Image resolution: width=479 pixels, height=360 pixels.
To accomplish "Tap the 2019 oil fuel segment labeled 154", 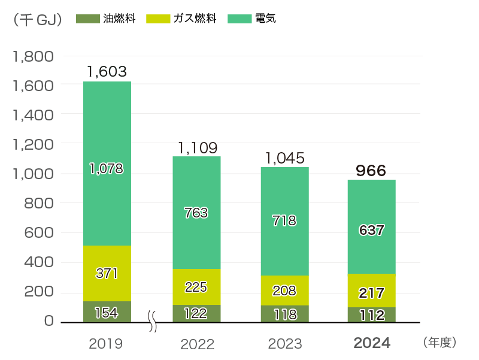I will coord(107,312).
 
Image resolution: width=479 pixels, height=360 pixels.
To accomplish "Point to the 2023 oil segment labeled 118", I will coord(284,314).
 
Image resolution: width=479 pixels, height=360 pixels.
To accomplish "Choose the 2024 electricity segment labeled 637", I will coord(371,230).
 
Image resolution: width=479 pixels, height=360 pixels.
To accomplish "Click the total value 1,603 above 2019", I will coord(107,72).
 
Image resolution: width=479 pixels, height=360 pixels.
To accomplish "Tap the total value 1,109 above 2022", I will coord(197,147).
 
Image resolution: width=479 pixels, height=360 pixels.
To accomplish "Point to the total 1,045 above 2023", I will coord(284,158).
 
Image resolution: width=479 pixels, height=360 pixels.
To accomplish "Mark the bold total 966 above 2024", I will coord(371,171).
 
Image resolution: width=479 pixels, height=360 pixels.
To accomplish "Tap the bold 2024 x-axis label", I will coord(372,343).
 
